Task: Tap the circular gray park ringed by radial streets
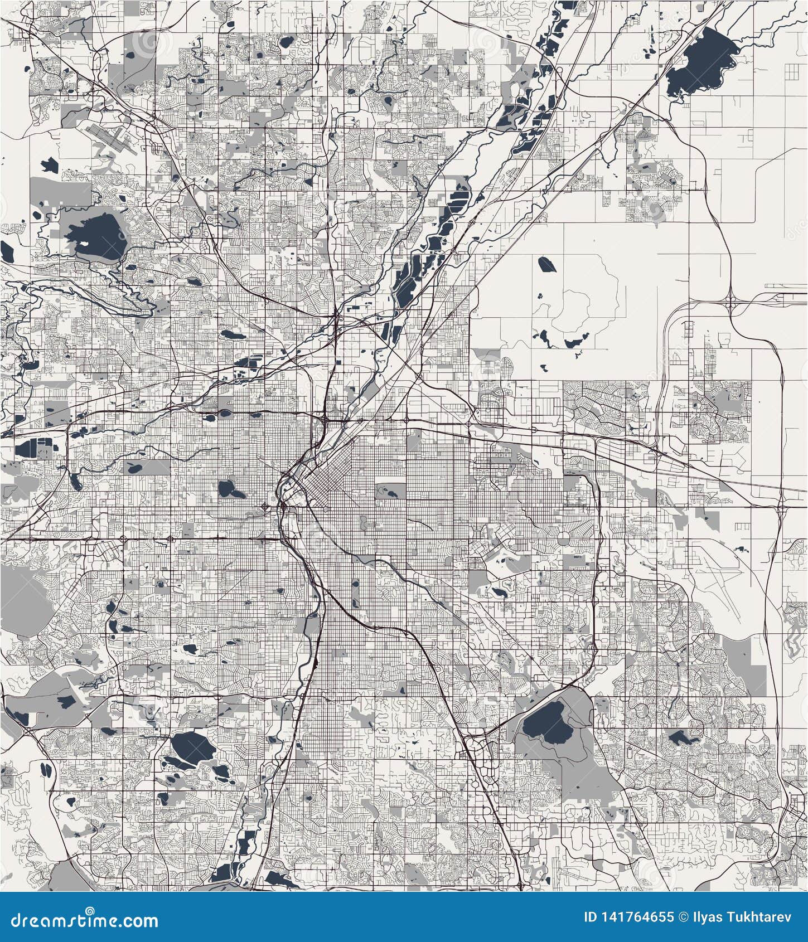click(x=563, y=538)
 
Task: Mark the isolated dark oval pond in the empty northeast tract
click(x=544, y=264)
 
